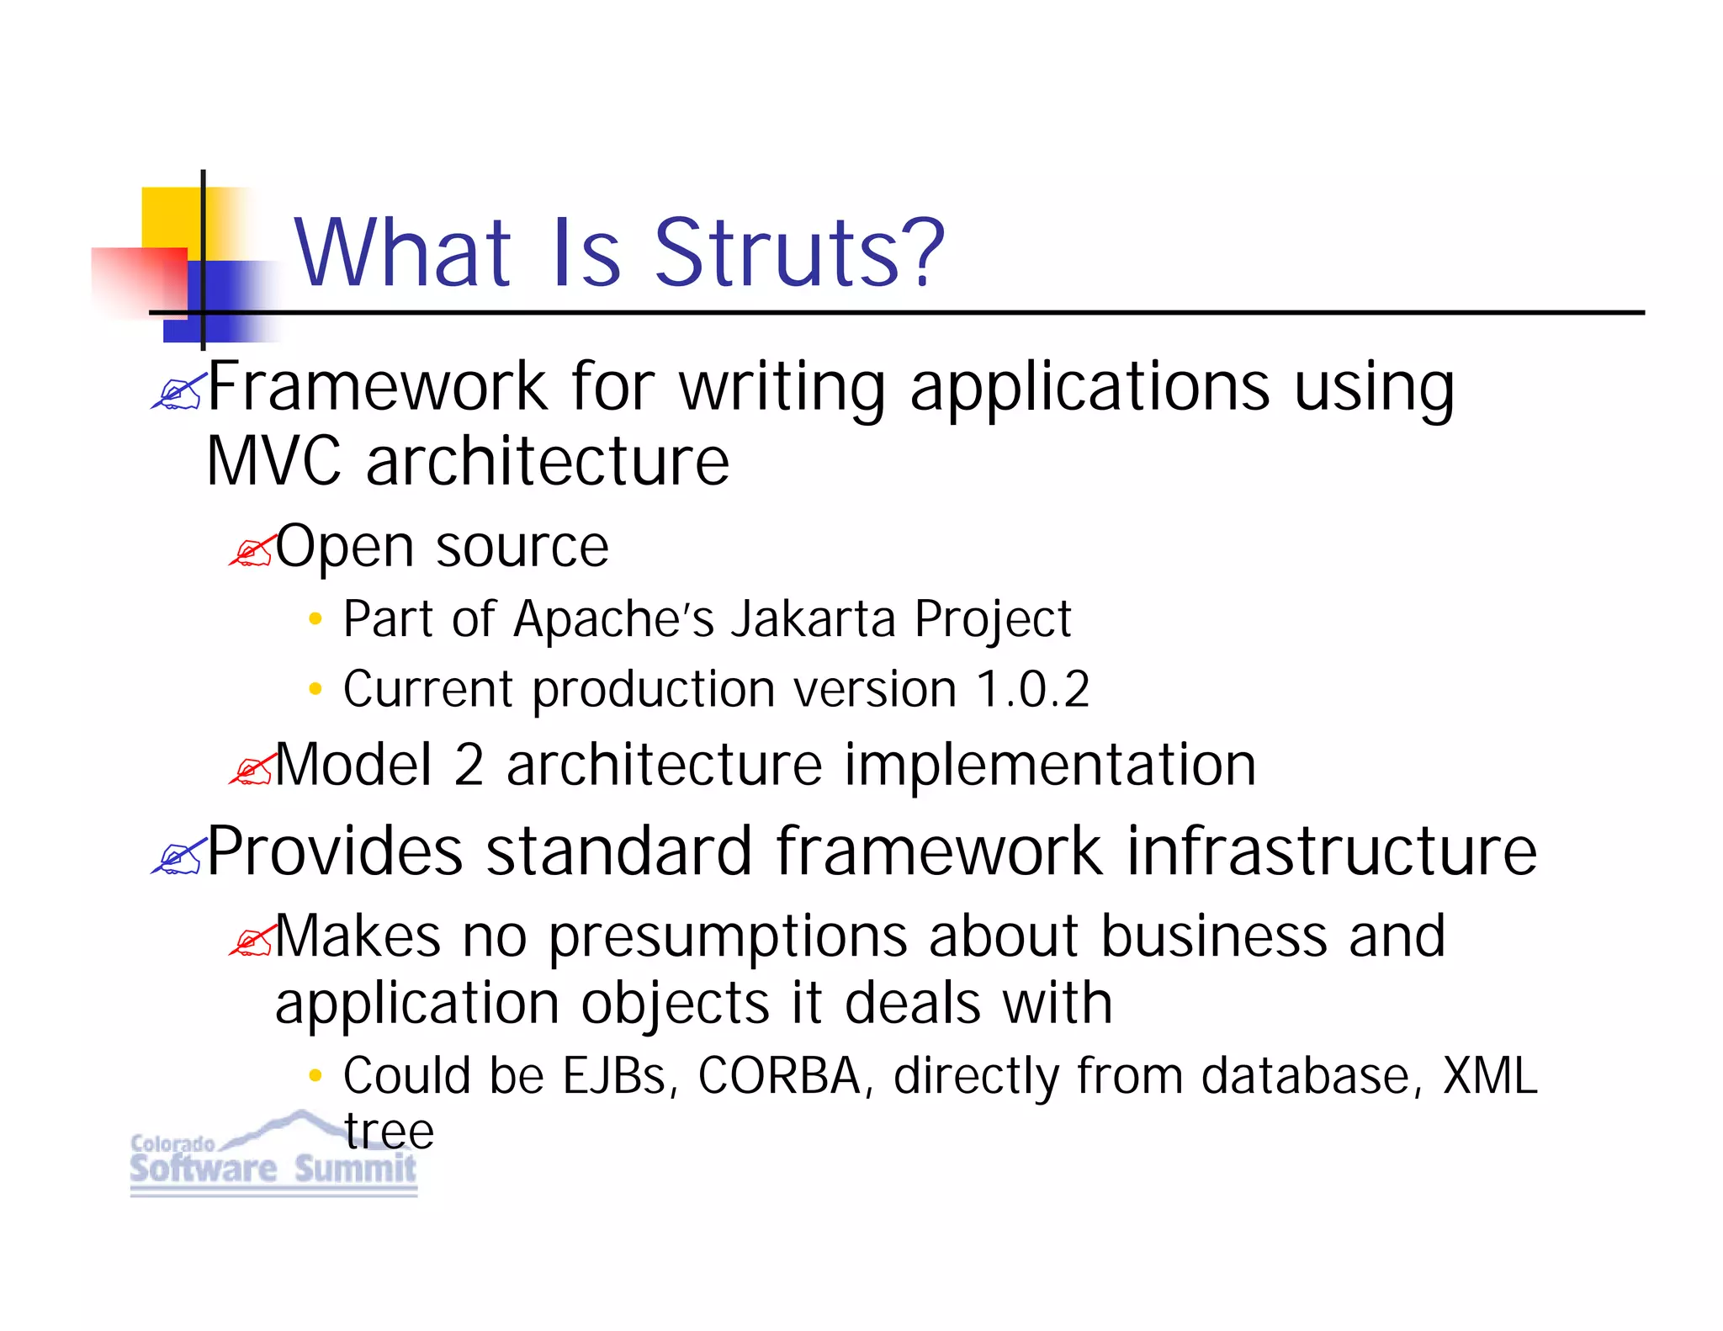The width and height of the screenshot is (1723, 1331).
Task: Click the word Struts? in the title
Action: pos(799,252)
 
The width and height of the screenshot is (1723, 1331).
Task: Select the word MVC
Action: pos(273,462)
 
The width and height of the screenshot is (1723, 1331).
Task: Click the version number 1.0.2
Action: pos(1032,689)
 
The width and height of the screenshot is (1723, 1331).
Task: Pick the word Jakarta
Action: pos(813,619)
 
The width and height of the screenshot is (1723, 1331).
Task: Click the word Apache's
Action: pos(613,619)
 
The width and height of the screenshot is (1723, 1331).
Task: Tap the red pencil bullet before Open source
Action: pos(252,551)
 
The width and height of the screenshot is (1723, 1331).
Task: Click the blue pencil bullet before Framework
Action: pos(178,392)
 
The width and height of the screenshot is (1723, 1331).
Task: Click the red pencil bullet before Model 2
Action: pos(252,769)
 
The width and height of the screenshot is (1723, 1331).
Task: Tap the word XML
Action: pos(1490,1076)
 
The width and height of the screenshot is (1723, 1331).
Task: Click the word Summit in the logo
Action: pos(355,1169)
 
